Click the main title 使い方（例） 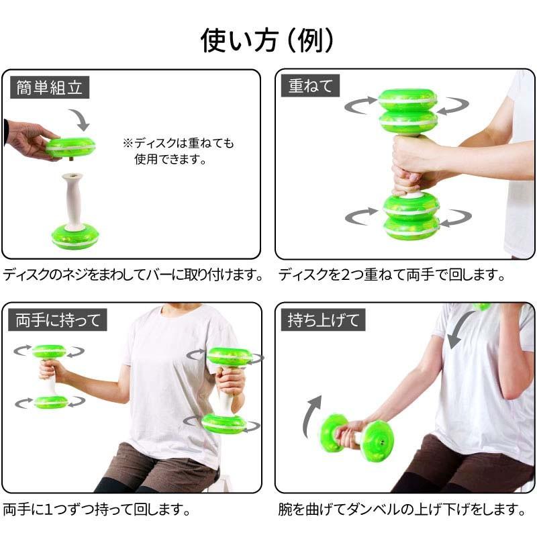click(267, 40)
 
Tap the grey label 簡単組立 click(50, 87)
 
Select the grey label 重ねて click(310, 86)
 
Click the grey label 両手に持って click(58, 320)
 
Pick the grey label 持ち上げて click(323, 320)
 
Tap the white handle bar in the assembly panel click(73, 200)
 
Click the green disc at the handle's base click(75, 236)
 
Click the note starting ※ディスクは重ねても click(179, 150)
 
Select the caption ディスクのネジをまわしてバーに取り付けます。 click(133, 275)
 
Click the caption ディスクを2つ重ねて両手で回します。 click(391, 275)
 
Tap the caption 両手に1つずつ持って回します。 click(97, 509)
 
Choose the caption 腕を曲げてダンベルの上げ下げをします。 click(401, 509)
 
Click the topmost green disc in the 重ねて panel click(408, 99)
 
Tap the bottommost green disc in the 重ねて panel click(411, 228)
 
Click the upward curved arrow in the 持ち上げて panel click(311, 416)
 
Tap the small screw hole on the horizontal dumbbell click(382, 442)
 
